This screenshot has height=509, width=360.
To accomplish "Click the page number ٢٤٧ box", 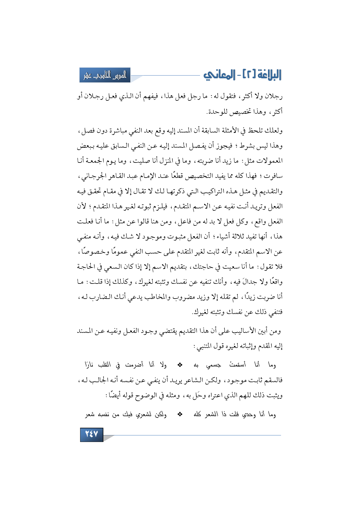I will [91, 434].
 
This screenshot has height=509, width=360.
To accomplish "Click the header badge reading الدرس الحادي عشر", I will [105, 75].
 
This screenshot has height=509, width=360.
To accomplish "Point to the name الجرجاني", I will [93, 176].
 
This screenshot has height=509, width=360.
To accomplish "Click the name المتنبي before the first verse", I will [204, 346].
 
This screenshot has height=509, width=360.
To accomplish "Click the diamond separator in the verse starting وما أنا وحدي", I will [180, 415].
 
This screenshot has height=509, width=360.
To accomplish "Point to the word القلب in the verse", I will [104, 365].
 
